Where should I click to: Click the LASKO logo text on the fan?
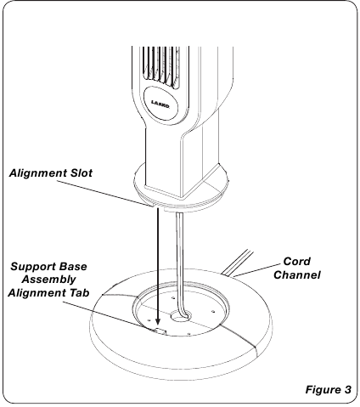click(x=160, y=104)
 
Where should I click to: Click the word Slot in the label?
click(x=82, y=172)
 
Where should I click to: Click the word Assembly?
click(x=48, y=280)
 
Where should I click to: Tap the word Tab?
click(x=79, y=292)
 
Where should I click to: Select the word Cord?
click(x=296, y=261)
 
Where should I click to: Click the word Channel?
click(x=297, y=274)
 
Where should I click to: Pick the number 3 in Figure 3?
click(x=347, y=389)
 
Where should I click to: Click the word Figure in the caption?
click(x=323, y=390)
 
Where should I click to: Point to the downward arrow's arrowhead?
click(x=158, y=320)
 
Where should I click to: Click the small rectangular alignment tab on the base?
click(x=160, y=331)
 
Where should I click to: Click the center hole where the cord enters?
click(x=180, y=316)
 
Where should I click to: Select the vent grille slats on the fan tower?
click(x=160, y=65)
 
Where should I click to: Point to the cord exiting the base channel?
click(x=238, y=263)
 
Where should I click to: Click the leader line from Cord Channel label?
click(x=257, y=269)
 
